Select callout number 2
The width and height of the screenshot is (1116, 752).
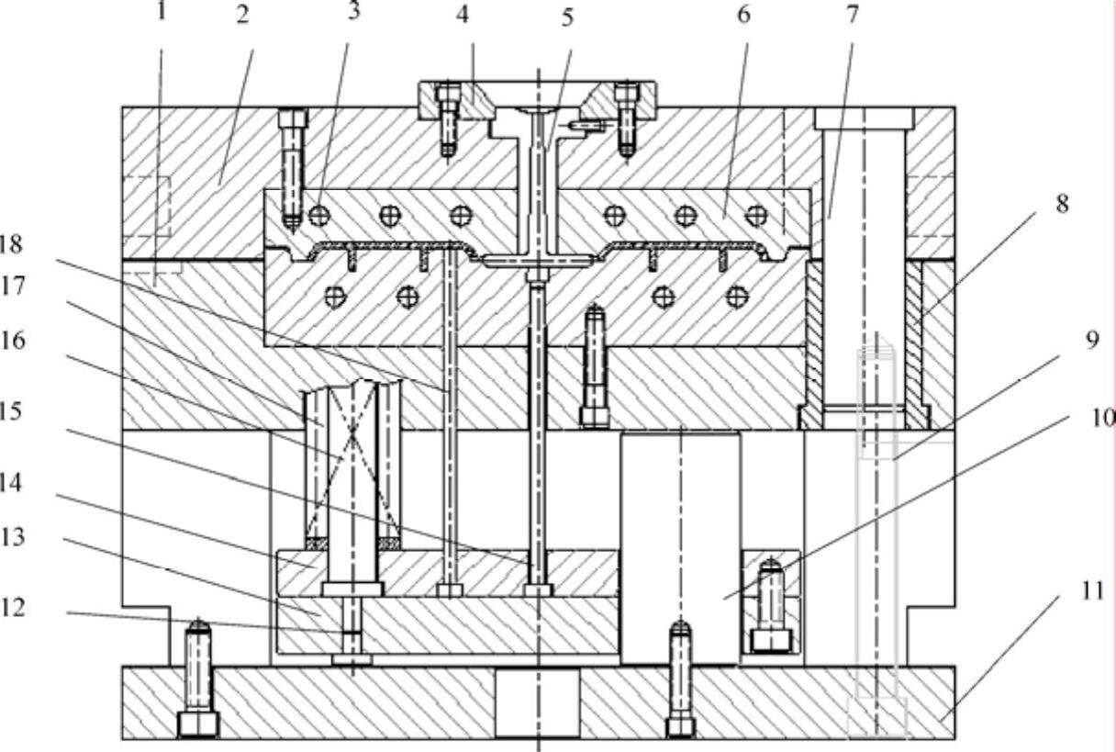242,16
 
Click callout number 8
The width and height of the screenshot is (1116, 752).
1062,204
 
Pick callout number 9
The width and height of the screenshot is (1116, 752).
1091,341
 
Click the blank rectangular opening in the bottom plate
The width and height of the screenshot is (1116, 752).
537,702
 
